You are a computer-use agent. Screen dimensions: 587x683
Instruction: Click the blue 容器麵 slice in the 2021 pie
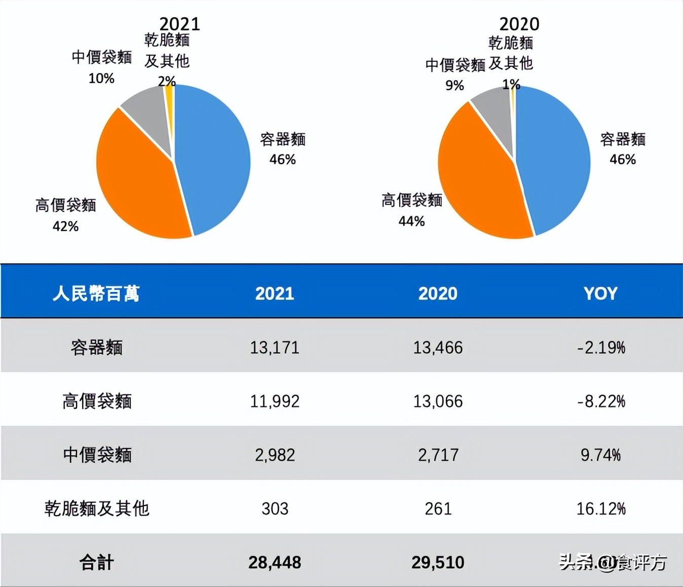215,157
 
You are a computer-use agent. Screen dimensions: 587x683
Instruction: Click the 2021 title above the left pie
179,24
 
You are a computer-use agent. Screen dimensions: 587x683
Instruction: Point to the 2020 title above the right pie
519,24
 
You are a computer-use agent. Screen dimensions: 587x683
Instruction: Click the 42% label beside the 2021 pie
65,227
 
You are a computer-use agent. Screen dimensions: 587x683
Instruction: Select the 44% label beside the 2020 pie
411,222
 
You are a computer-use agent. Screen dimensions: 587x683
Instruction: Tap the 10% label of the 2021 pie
101,79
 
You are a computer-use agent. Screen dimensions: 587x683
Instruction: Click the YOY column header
600,293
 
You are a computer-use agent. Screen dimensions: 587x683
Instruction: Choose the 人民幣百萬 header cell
96,293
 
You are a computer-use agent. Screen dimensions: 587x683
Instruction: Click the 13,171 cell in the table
275,348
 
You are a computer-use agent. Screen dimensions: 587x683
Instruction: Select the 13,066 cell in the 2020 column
438,401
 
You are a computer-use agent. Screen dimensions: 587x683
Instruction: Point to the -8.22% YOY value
601,401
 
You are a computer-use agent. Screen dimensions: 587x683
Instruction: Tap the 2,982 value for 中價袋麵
275,455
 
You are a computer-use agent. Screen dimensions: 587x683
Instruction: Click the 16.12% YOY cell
601,508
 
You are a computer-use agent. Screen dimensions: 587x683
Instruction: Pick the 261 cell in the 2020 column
438,508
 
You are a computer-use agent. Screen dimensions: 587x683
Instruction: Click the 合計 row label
96,563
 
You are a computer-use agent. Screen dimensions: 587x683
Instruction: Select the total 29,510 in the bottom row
438,563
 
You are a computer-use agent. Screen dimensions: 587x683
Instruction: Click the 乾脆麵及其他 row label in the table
96,508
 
